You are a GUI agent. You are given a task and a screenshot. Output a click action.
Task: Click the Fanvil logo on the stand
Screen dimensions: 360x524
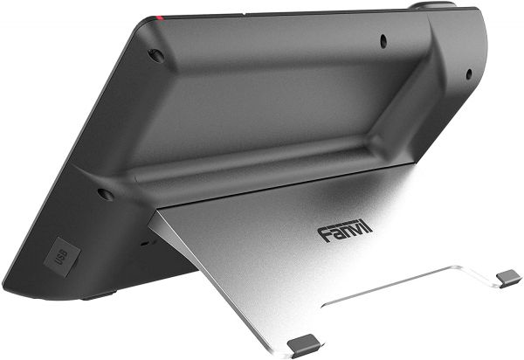pyautogui.click(x=344, y=230)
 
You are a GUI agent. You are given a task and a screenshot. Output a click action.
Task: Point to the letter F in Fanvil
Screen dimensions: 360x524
pyautogui.click(x=324, y=232)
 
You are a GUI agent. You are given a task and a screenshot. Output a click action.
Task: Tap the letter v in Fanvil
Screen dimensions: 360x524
pyautogui.click(x=354, y=230)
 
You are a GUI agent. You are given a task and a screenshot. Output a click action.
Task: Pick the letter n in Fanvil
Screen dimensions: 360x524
pyautogui.click(x=343, y=231)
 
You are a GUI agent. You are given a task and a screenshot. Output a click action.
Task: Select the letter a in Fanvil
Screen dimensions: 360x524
pyautogui.click(x=334, y=232)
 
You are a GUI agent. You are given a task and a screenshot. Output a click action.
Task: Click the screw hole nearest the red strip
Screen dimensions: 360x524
pyautogui.click(x=156, y=55)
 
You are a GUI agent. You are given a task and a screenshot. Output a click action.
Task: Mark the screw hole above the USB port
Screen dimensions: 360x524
pyautogui.click(x=105, y=193)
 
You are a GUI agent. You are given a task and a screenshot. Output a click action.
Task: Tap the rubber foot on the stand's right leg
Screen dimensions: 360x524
pyautogui.click(x=507, y=277)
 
